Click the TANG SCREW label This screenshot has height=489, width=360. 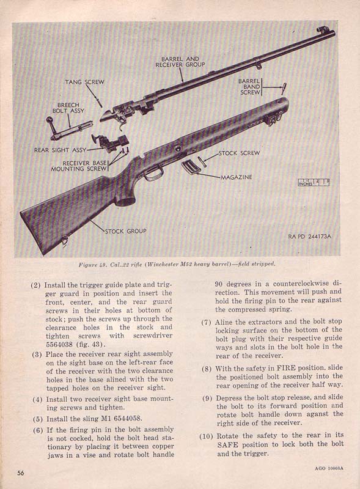click(x=84, y=82)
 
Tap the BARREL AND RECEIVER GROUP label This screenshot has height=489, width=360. click(x=180, y=62)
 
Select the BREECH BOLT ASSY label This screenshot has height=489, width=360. click(x=68, y=108)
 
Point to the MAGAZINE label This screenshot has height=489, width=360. click(x=237, y=177)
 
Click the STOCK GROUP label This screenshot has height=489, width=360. click(x=126, y=231)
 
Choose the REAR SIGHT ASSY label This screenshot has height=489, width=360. click(x=60, y=150)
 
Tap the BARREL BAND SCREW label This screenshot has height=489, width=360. click(x=249, y=87)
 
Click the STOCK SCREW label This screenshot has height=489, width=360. click(x=239, y=153)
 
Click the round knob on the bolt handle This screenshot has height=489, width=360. click(x=50, y=120)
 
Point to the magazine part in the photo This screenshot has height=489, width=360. click(x=189, y=167)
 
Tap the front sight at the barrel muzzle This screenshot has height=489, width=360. click(x=321, y=29)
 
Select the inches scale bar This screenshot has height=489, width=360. click(x=314, y=182)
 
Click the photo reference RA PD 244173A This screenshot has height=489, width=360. click(x=309, y=237)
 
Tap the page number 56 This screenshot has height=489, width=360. click(x=20, y=472)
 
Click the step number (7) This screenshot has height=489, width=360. click(x=206, y=322)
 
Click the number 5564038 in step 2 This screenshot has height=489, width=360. click(x=59, y=344)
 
